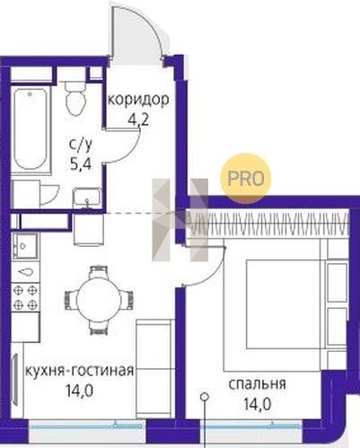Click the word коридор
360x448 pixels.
point(138,101)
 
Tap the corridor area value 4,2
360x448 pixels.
point(138,121)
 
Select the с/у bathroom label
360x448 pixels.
point(81,145)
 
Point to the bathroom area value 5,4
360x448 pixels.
point(81,163)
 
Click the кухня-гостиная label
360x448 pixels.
point(79,372)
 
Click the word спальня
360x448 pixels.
point(258,384)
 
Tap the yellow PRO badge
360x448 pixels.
point(246,179)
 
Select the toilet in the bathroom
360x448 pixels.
point(75,97)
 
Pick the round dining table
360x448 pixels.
point(98,300)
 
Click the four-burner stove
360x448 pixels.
point(26,297)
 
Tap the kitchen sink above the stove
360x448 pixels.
point(26,246)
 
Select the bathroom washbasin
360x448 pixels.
point(87,198)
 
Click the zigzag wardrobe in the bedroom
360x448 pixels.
point(268,223)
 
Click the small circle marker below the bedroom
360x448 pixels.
point(205,397)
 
